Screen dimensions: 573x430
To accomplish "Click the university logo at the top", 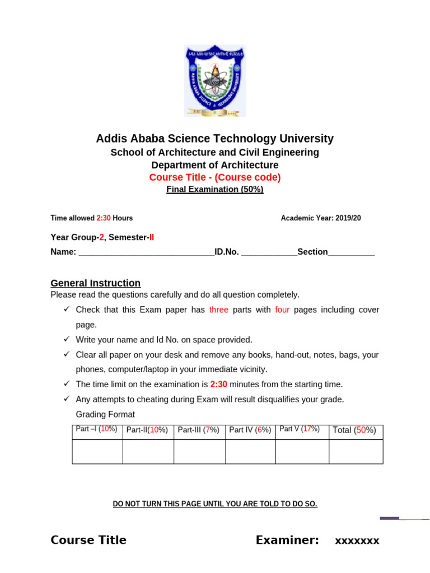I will (215, 81).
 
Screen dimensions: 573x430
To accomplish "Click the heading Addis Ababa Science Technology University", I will (215, 139).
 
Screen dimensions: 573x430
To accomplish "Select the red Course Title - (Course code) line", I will (215, 177).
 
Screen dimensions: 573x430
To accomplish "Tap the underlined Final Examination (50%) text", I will (215, 189).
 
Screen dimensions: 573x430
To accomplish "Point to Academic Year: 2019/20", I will (321, 218).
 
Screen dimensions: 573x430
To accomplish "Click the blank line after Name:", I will (146, 253).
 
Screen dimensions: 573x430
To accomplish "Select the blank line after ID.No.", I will (269, 253).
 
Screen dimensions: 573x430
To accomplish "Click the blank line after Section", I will (351, 253).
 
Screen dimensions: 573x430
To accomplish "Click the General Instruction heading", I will (96, 283).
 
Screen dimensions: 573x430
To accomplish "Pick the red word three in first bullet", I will (219, 310).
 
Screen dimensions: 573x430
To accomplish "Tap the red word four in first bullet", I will (282, 310).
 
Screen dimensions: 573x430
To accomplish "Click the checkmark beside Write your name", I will (66, 339).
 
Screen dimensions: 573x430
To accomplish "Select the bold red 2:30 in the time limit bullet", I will (219, 384).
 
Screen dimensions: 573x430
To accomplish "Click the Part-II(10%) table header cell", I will (147, 430).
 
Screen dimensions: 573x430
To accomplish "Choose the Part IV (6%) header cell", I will (250, 430).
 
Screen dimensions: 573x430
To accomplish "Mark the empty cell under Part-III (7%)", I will (199, 452).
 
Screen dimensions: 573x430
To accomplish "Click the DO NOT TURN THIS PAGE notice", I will (215, 504).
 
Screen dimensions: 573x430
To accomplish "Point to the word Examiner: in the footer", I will (287, 540).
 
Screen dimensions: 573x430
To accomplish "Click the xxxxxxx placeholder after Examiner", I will (357, 541).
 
